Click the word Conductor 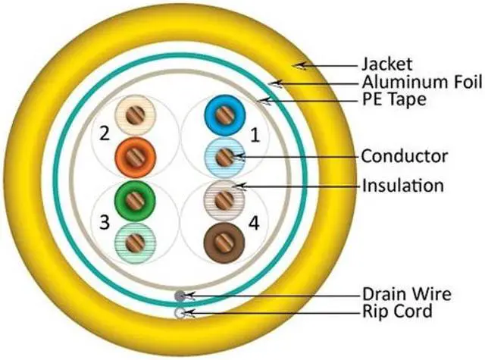pos(405,157)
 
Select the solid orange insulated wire pos(135,155)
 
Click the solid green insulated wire pos(135,201)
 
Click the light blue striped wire pos(224,157)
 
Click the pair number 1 pos(255,136)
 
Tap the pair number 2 pos(104,134)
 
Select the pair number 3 pos(104,223)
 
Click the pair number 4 pos(255,224)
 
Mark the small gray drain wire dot pos(180,296)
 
